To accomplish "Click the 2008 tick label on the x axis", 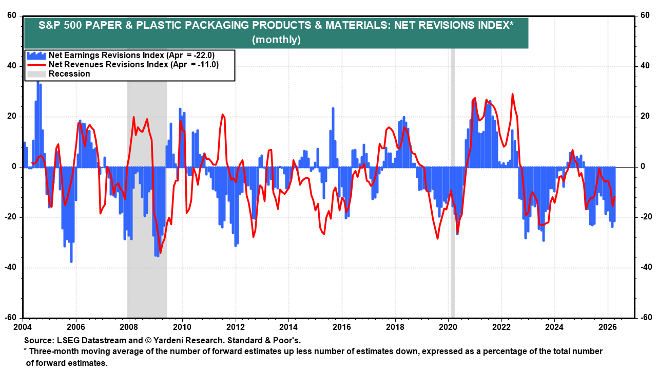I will pos(128,326).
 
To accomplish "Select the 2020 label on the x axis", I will pos(448,326).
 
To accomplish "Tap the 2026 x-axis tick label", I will pos(607,326).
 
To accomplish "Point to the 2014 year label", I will pos(288,326).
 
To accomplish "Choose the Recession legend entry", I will pos(69,73).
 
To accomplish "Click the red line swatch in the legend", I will pos(36,65).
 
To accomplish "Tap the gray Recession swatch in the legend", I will pos(36,73).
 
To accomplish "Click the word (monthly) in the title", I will pos(276,40).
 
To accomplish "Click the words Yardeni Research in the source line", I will pos(179,340).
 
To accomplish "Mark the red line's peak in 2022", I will pos(512,94).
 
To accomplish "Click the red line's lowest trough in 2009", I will pos(160,252).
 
